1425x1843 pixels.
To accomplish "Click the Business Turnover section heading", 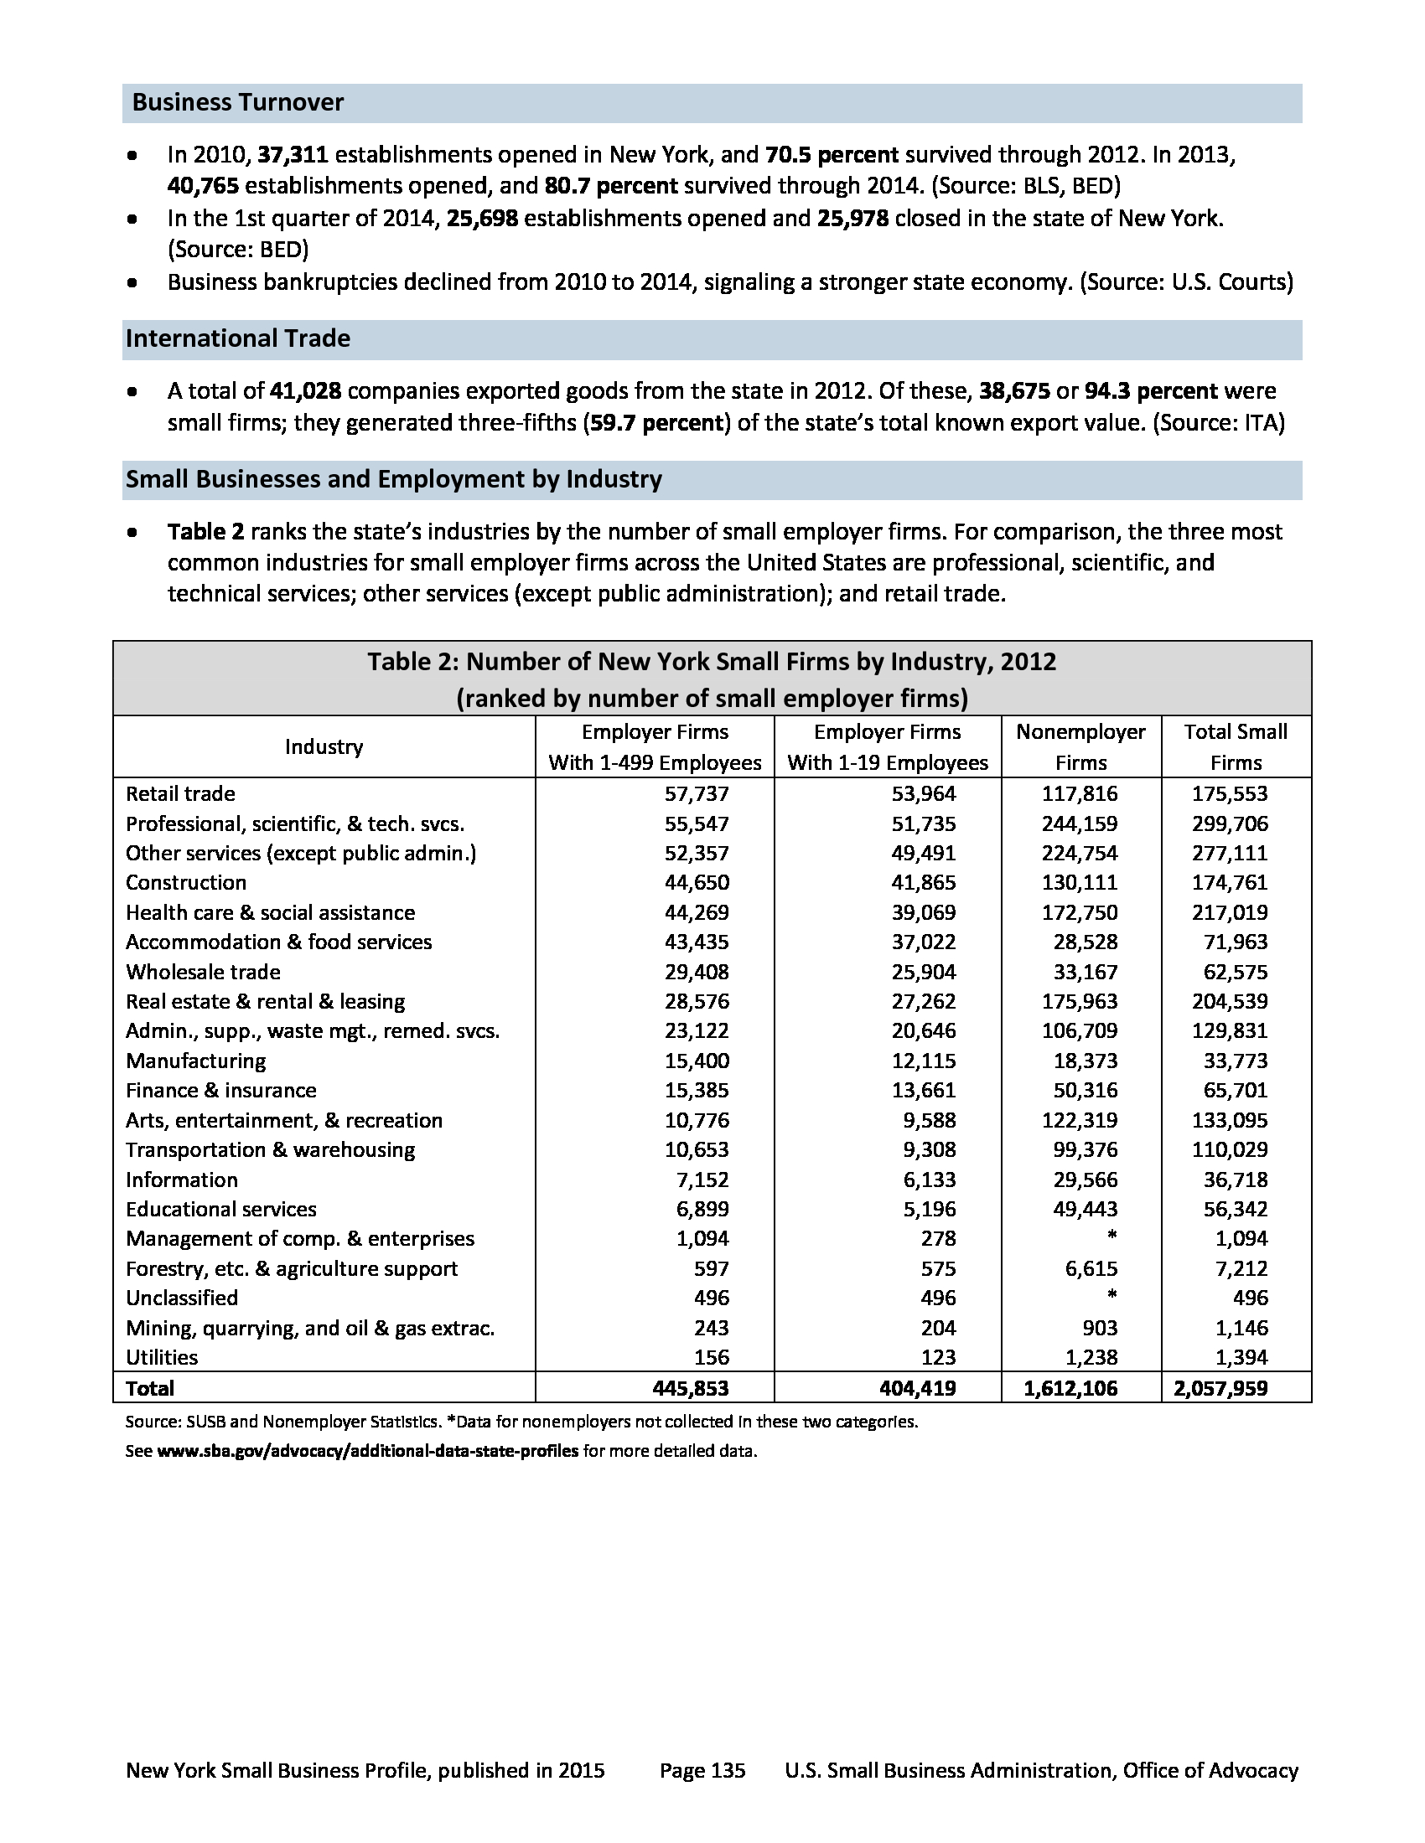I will point(238,103).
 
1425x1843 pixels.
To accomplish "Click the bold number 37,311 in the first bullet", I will point(292,155).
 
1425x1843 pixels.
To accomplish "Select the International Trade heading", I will point(238,339).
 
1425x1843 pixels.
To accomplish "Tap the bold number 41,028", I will point(305,391).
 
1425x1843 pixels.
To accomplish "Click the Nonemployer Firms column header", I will point(1080,746).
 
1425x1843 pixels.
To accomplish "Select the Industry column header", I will point(324,746).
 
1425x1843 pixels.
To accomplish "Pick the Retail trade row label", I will point(181,794).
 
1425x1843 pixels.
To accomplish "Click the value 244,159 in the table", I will point(1079,823).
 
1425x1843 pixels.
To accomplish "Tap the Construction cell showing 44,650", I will point(697,883).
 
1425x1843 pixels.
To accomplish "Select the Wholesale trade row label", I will point(204,972).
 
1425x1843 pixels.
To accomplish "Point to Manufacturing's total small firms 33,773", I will point(1235,1061).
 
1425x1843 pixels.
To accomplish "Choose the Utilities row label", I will point(162,1358).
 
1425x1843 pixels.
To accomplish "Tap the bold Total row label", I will point(150,1388).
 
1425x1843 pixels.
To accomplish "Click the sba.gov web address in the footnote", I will point(368,1452).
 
